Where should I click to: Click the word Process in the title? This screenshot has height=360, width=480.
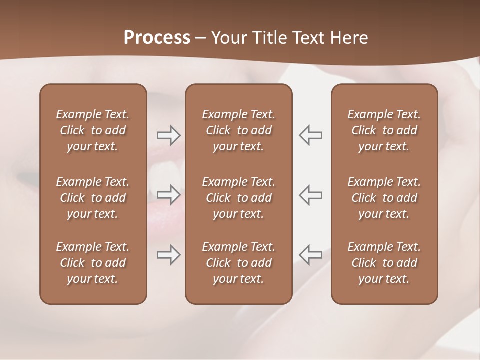pyautogui.click(x=157, y=38)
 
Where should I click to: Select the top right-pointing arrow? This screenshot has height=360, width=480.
pyautogui.click(x=168, y=135)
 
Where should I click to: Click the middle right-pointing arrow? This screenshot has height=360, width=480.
pyautogui.click(x=168, y=195)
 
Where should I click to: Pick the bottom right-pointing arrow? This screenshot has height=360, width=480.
pyautogui.click(x=168, y=255)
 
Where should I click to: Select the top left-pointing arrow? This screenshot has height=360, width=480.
pyautogui.click(x=311, y=135)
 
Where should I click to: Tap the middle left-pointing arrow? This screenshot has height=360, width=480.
pyautogui.click(x=311, y=195)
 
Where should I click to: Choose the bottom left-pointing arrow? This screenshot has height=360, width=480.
pyautogui.click(x=311, y=255)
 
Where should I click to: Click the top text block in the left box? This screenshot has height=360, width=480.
pyautogui.click(x=93, y=130)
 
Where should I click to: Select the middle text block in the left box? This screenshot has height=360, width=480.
pyautogui.click(x=93, y=198)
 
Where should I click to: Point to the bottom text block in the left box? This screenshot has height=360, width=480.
pyautogui.click(x=93, y=263)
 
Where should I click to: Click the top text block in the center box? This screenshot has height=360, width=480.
pyautogui.click(x=238, y=130)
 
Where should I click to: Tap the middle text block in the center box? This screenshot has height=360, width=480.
pyautogui.click(x=238, y=198)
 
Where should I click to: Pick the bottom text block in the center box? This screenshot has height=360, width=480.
pyautogui.click(x=238, y=263)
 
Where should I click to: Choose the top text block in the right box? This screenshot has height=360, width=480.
pyautogui.click(x=384, y=130)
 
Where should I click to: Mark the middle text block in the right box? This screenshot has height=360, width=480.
pyautogui.click(x=384, y=198)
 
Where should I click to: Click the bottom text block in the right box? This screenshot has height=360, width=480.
pyautogui.click(x=384, y=263)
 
